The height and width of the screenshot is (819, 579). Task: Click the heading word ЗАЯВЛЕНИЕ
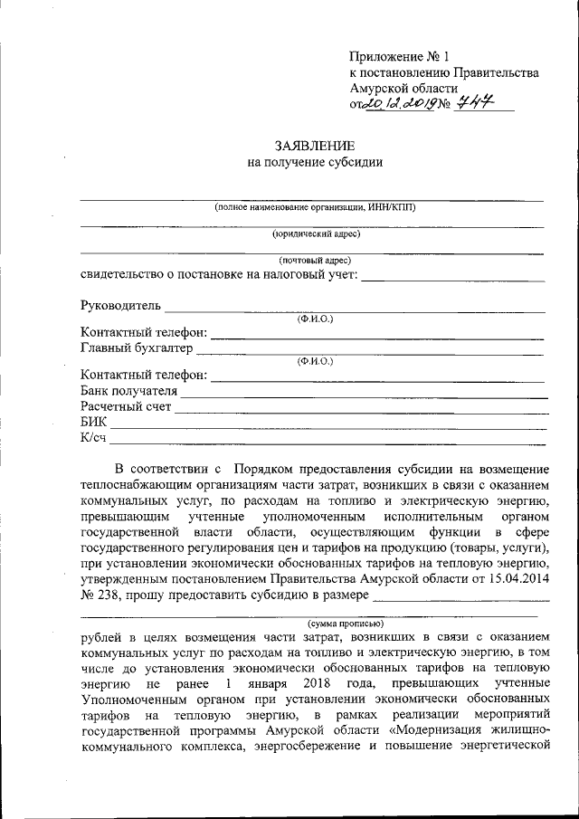(315, 146)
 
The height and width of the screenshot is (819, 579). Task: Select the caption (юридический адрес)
(316, 233)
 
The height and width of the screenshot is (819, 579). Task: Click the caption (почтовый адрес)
(316, 260)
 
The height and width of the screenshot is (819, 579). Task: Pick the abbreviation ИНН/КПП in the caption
(392, 207)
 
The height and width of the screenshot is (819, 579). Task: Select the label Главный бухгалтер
(137, 348)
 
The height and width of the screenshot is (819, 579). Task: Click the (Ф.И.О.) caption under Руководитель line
(316, 319)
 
